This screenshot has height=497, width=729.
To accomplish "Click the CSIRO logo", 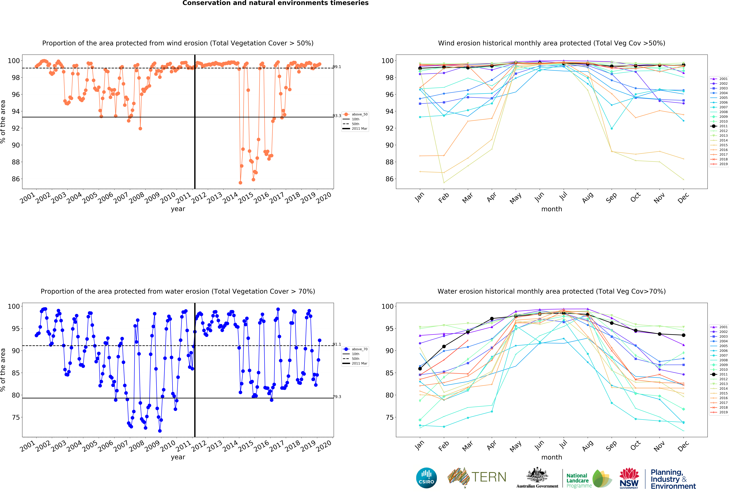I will (x=426, y=478).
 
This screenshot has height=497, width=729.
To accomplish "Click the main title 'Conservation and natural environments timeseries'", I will (x=275, y=3).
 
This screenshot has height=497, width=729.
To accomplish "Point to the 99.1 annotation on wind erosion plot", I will (x=337, y=67).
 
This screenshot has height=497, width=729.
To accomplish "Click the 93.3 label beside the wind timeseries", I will (x=337, y=116).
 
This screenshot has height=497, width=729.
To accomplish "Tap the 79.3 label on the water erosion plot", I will (x=337, y=397).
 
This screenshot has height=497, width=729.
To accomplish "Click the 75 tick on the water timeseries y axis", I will (x=16, y=417).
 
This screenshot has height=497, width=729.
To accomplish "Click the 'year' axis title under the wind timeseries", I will (x=178, y=209).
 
